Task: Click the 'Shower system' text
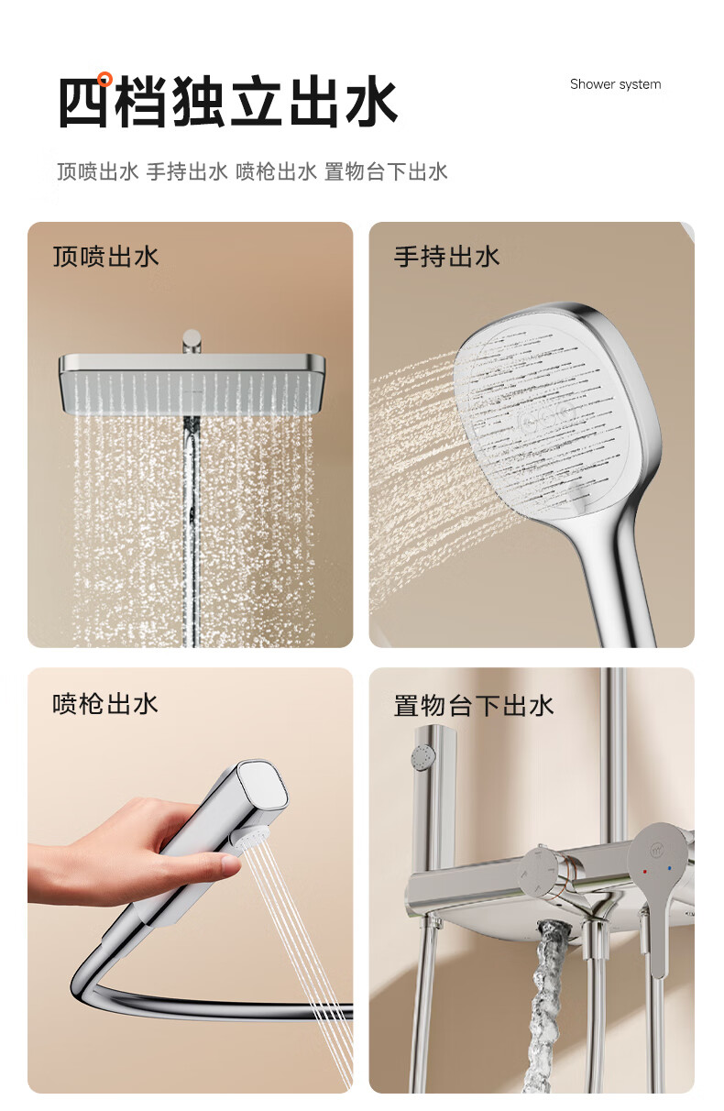pyautogui.click(x=615, y=84)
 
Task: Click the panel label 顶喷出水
pyautogui.click(x=105, y=257)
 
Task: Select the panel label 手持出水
pyautogui.click(x=446, y=257)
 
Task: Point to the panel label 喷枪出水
pyautogui.click(x=105, y=704)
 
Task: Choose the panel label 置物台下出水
pyautogui.click(x=473, y=705)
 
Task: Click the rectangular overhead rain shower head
pyautogui.click(x=192, y=384)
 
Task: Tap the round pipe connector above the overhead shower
pyautogui.click(x=192, y=341)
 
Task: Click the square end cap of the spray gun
pyautogui.click(x=262, y=786)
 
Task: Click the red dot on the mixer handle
pyautogui.click(x=644, y=872)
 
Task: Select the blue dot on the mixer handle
pyautogui.click(x=669, y=869)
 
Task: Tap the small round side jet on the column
pyautogui.click(x=423, y=757)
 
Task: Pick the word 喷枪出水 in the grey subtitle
pyautogui.click(x=276, y=171)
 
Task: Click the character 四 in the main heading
pyautogui.click(x=83, y=102)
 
